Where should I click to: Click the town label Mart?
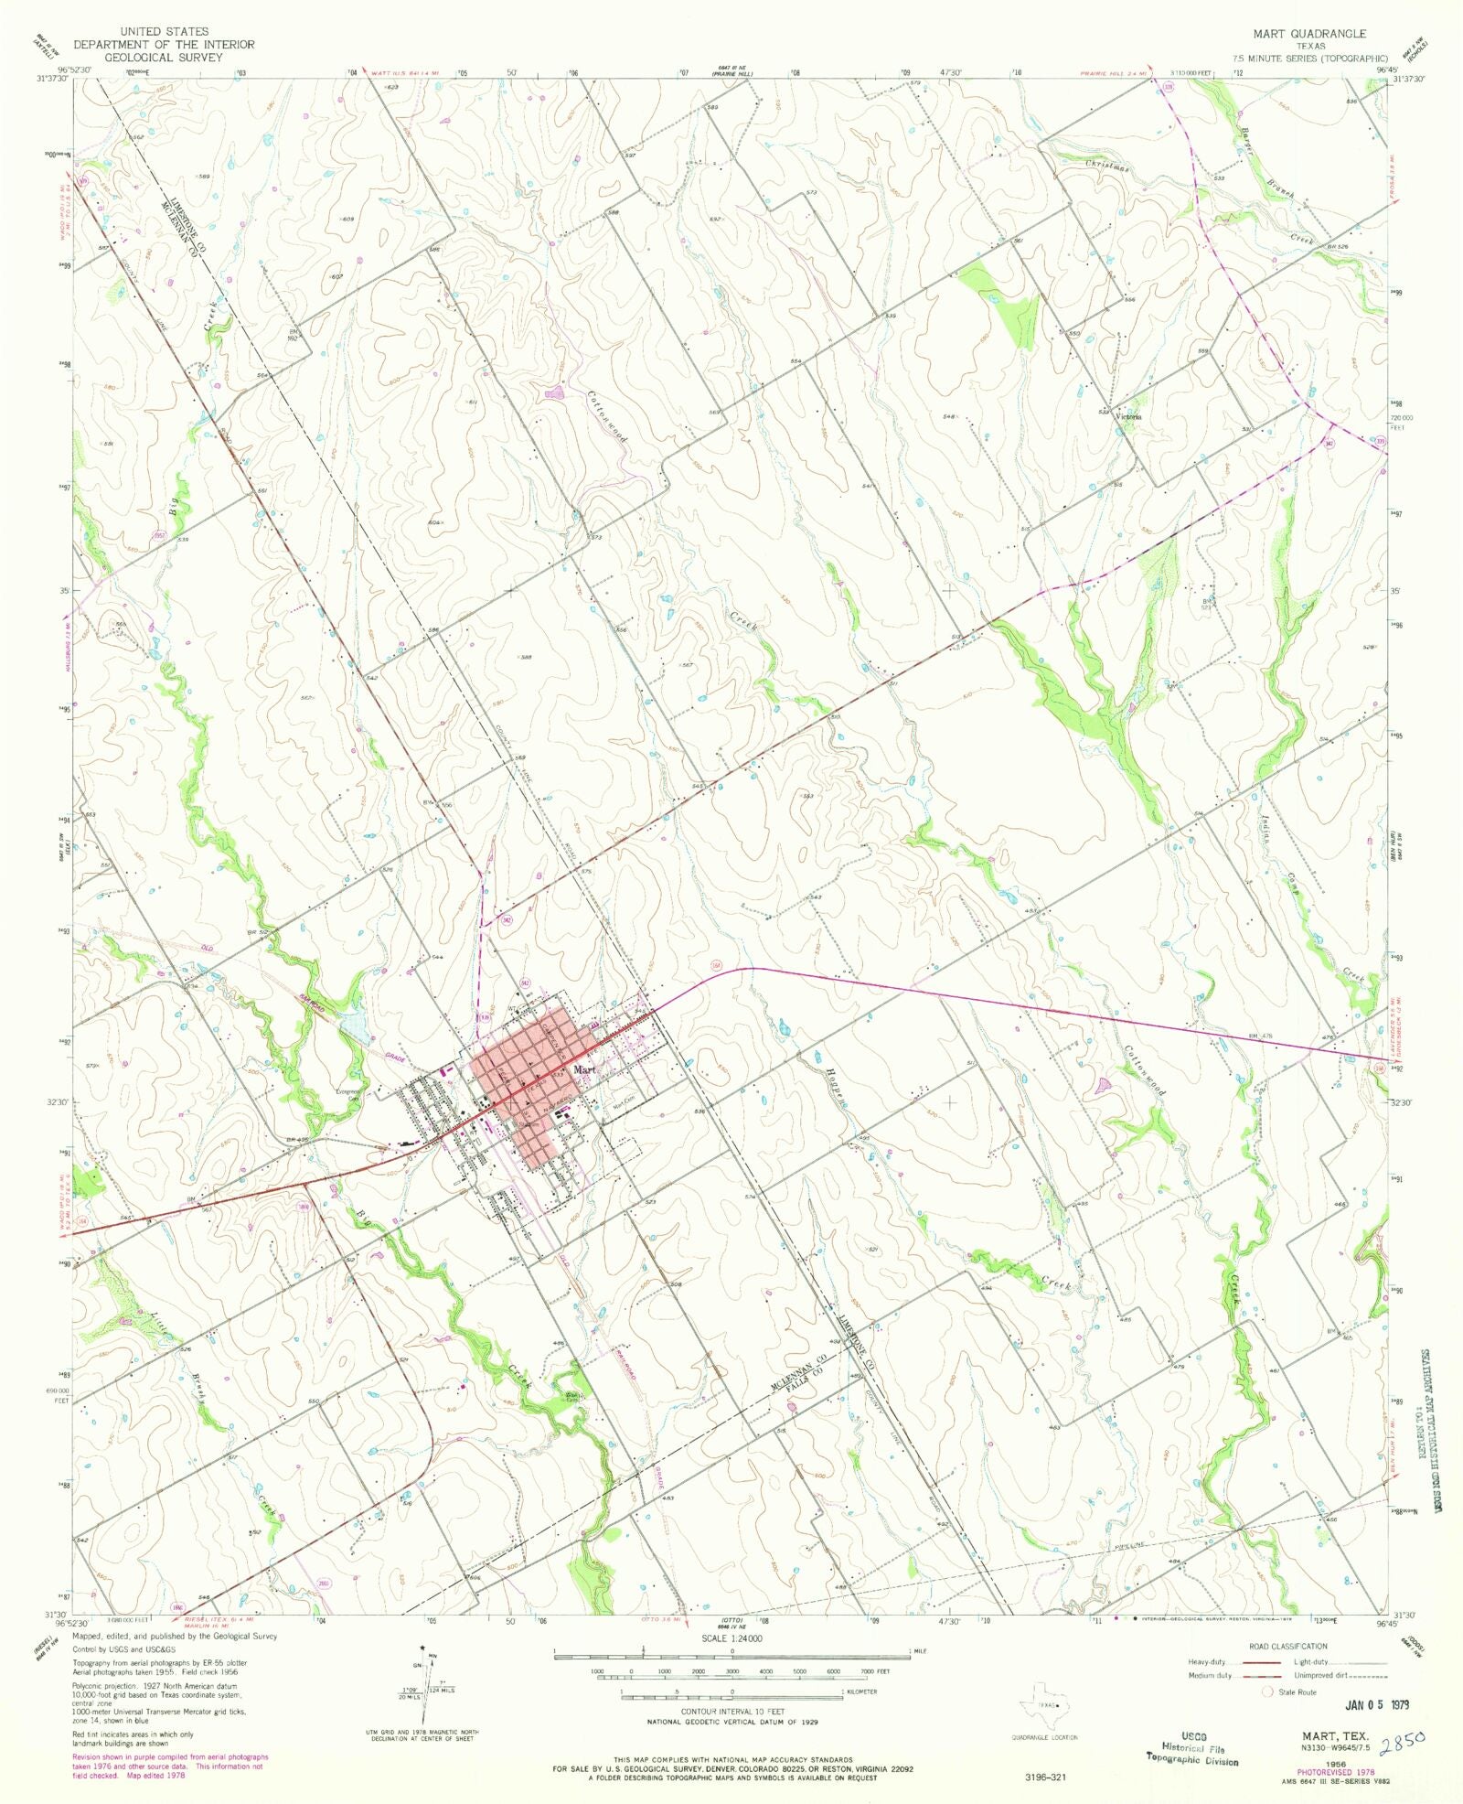click(584, 1069)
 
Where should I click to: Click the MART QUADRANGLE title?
click(1309, 34)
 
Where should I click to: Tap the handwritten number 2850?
click(1406, 1737)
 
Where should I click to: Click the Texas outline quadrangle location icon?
click(1043, 1704)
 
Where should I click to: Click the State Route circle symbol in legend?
click(1267, 1691)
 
